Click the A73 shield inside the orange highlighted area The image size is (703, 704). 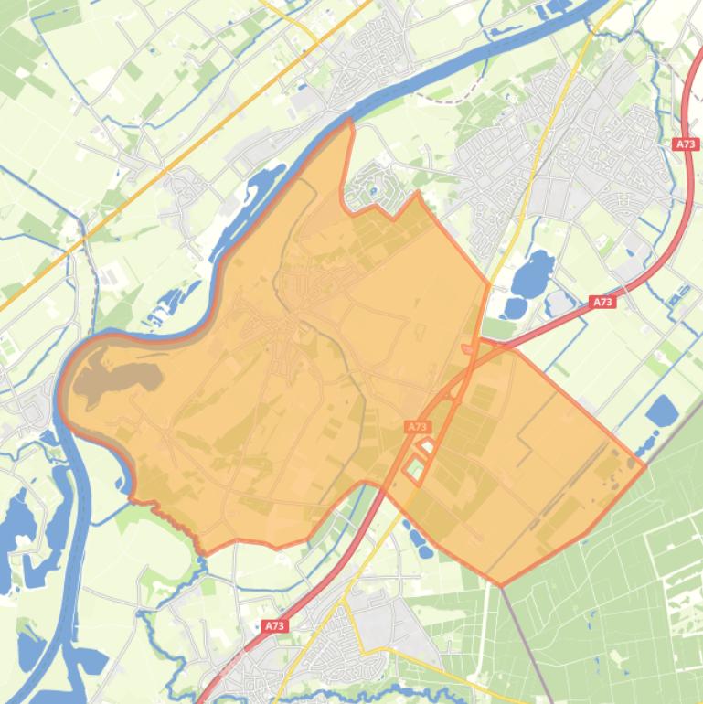[417, 426]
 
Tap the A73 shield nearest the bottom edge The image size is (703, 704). [274, 626]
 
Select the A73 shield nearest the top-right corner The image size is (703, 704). [686, 144]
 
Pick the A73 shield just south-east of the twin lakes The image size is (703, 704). [602, 302]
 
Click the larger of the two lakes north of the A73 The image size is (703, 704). [534, 272]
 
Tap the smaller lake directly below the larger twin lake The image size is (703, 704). [514, 307]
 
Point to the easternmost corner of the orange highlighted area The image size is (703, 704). [645, 466]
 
